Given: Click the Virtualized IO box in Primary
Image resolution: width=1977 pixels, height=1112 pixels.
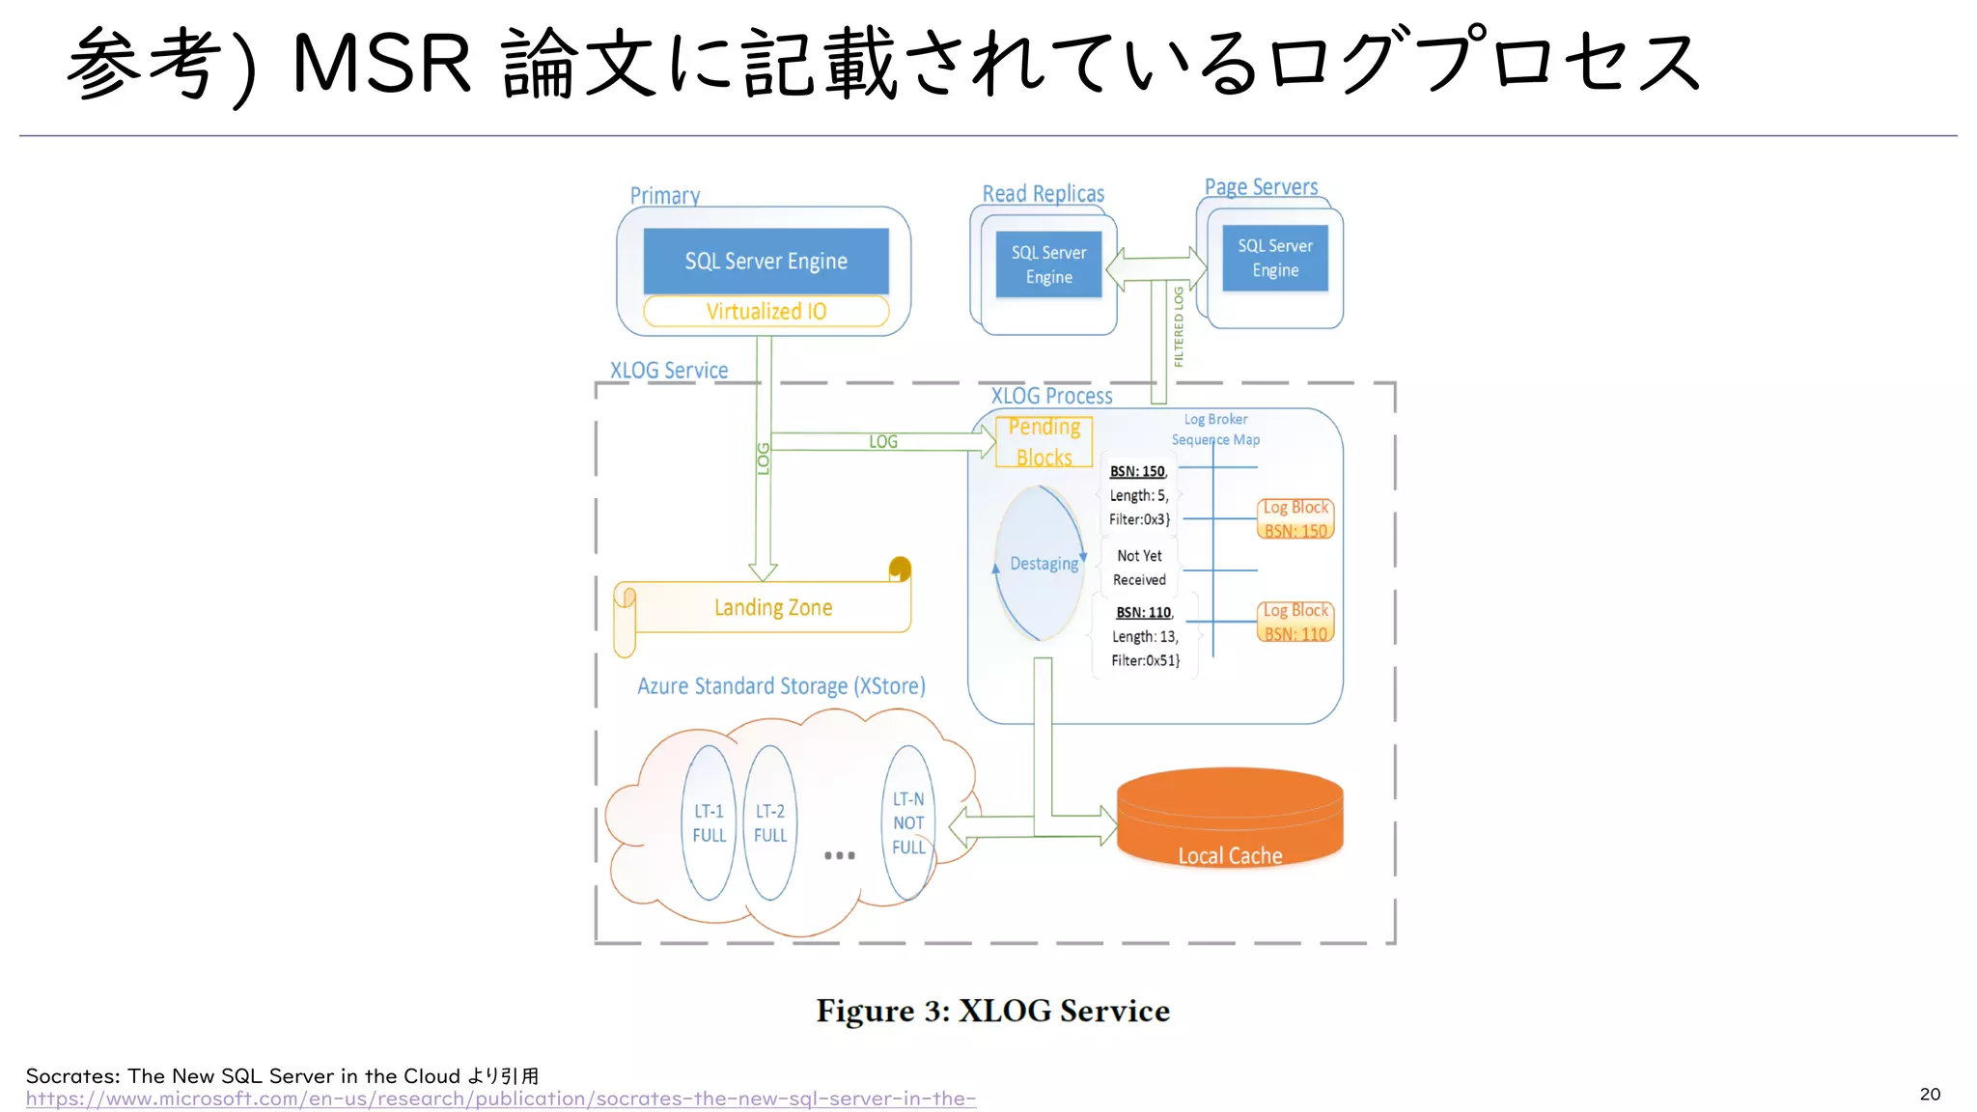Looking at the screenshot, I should coord(766,311).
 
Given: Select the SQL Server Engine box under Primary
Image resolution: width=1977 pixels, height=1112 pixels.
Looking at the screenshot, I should coord(766,261).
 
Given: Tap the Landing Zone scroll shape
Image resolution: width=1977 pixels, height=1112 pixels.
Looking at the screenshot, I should coord(772,607).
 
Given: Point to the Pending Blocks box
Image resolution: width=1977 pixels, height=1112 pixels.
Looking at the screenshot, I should coord(1044,442).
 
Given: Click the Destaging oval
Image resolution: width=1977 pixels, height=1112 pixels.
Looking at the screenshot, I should coord(1041,564).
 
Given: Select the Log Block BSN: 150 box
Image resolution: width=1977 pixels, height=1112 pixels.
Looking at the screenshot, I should coord(1295,519).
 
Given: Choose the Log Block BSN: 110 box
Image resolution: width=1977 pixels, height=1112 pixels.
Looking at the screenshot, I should coord(1295,623).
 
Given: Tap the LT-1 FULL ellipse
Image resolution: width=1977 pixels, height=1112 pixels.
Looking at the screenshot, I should coord(709,823).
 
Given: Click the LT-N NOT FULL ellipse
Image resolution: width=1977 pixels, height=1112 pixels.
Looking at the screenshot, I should coord(908,823).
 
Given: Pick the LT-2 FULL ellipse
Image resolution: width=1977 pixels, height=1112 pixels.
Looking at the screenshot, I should coord(769,823).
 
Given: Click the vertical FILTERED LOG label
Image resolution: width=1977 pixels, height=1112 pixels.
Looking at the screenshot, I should coord(1179,326).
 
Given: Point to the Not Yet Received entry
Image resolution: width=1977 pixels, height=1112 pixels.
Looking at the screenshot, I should coord(1139,568).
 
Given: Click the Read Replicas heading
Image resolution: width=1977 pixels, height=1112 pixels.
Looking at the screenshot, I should coord(1043,193).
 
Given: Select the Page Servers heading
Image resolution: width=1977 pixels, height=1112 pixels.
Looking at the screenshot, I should coord(1261,186).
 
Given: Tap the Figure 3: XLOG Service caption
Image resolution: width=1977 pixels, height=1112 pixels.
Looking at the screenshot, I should coord(992,1011).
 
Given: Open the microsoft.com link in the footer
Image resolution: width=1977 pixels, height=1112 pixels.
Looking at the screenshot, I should coord(500,1098).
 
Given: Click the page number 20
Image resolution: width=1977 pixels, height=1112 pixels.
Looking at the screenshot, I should coord(1930,1094).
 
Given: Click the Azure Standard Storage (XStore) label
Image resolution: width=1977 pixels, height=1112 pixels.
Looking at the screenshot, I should coord(781,686).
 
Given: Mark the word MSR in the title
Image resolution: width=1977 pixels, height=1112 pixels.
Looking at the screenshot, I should coord(381,64).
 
